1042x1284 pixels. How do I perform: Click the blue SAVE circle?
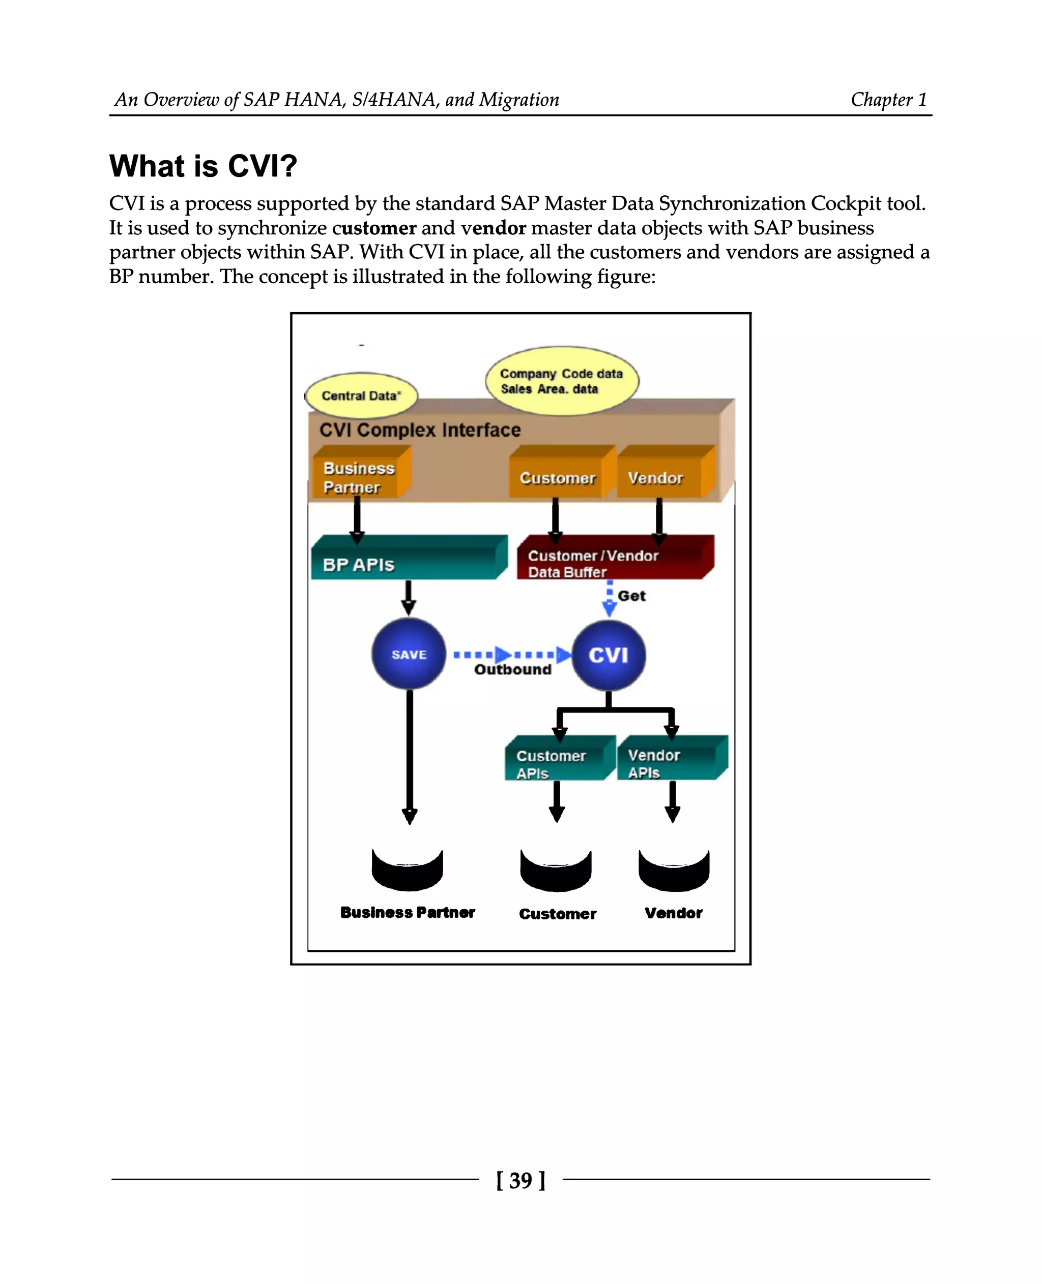tap(408, 654)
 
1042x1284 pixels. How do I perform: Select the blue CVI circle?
tap(608, 654)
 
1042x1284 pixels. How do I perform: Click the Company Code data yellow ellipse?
tap(561, 380)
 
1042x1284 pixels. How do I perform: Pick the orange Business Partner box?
tap(358, 477)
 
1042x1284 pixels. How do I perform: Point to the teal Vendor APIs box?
tap(669, 763)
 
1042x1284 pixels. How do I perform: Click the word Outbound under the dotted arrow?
tap(512, 670)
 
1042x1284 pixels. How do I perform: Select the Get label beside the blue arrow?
tap(631, 596)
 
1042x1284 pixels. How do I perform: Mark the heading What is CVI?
tap(203, 166)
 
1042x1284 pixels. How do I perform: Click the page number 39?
tap(520, 1180)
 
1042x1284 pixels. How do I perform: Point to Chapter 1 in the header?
tap(888, 100)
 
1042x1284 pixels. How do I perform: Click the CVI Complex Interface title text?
tap(420, 430)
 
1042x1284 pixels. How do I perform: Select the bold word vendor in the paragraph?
tap(494, 228)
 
